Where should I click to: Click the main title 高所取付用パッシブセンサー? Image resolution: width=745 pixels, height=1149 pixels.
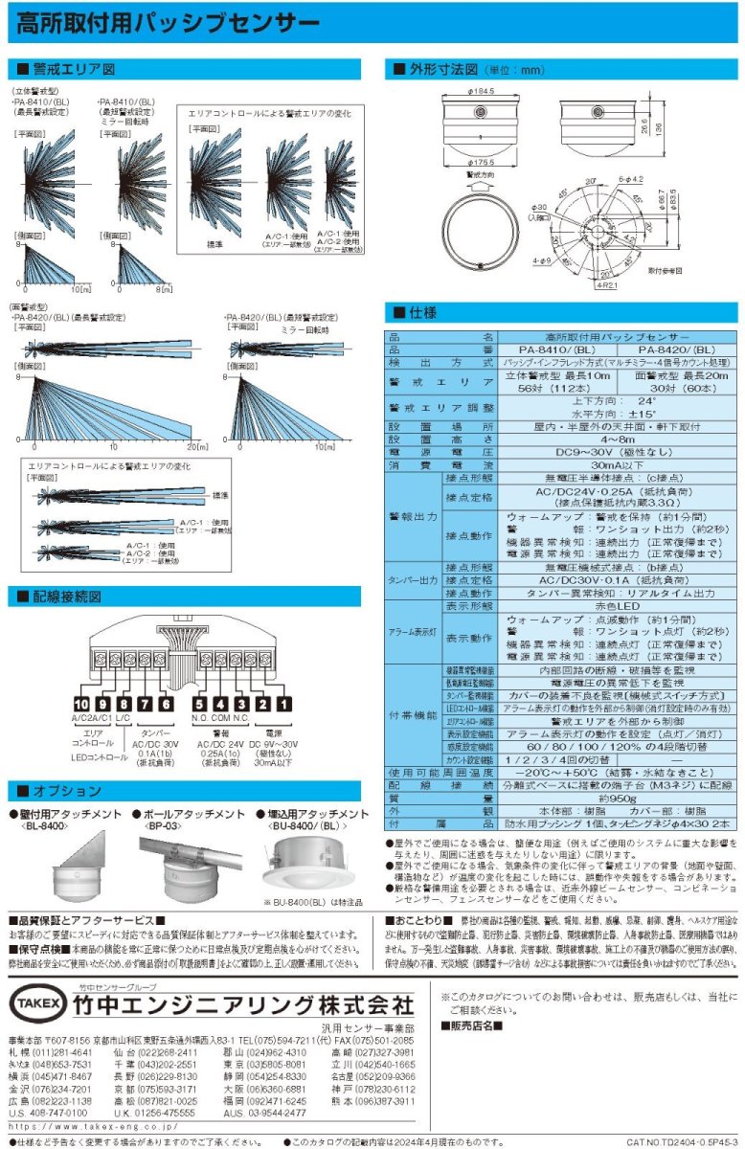tap(169, 22)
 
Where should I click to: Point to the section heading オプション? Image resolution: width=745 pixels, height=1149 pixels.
tap(67, 791)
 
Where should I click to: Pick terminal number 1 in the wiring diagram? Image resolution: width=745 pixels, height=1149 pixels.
tap(284, 704)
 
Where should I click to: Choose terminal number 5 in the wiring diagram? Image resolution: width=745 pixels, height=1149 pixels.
tap(200, 704)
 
